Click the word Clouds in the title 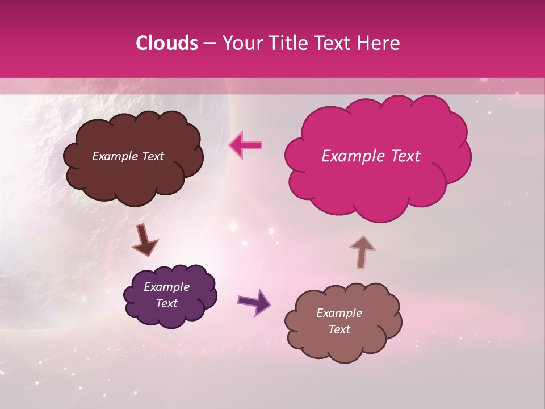(167, 43)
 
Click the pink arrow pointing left (245, 145)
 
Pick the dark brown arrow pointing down (144, 240)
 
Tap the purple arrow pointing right (254, 302)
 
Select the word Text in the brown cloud (152, 156)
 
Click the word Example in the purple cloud (166, 287)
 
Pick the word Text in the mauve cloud (339, 329)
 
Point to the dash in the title (209, 44)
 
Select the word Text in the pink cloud (404, 156)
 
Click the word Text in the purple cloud (166, 303)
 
